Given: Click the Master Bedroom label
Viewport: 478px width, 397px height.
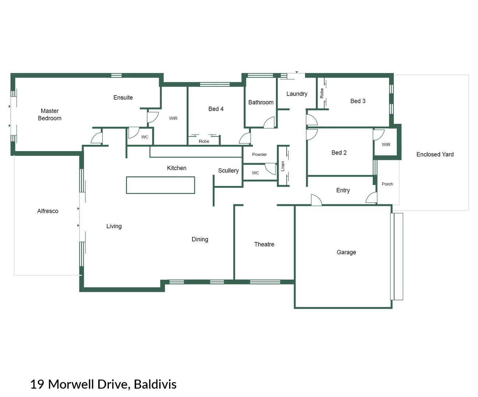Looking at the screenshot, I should (50, 115).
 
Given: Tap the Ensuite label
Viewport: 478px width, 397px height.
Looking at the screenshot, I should (123, 97).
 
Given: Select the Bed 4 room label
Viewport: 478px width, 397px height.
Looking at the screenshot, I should (216, 109).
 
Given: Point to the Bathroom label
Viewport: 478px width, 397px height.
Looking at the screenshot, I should (261, 102).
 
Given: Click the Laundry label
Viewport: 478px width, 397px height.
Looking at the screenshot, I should (297, 94).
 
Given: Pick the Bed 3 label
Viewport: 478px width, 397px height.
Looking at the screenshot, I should (358, 101).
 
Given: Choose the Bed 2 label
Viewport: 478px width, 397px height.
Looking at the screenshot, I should (339, 153).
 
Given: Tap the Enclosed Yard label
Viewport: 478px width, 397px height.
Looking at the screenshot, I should (435, 154).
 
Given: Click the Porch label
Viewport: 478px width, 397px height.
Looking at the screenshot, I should (387, 184).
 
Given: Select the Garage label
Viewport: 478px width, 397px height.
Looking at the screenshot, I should (346, 252).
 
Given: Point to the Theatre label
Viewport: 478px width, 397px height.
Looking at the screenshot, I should (264, 244).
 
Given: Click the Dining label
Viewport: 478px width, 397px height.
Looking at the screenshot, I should (200, 239).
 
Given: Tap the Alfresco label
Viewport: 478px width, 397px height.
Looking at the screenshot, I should (47, 211).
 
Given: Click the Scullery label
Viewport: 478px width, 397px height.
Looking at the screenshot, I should (228, 171).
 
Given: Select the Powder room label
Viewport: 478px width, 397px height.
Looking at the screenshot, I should (259, 154).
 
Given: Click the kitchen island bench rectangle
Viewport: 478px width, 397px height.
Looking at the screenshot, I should (160, 185).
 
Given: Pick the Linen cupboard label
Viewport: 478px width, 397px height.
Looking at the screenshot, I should (283, 166).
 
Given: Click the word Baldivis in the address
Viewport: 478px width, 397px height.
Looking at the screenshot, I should (155, 384).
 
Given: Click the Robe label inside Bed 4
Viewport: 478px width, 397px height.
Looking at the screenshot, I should (204, 141).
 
